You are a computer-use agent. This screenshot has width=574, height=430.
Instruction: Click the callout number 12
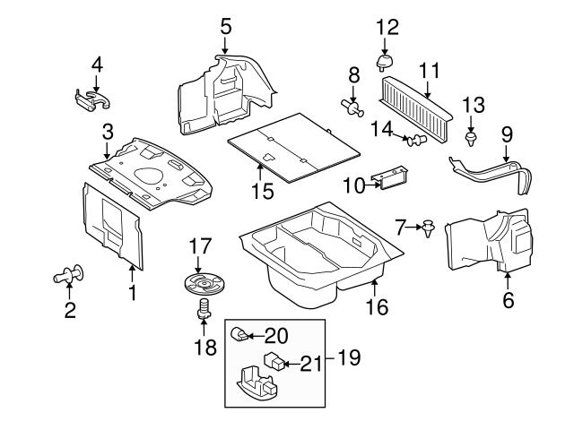[387, 26]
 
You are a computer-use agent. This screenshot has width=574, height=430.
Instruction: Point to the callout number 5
[225, 26]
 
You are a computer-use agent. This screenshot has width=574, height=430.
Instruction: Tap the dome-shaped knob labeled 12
[387, 60]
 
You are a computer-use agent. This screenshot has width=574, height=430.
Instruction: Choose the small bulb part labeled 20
[239, 336]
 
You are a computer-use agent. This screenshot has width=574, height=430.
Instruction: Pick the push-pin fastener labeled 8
[352, 108]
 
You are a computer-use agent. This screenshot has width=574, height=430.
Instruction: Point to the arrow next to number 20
[254, 337]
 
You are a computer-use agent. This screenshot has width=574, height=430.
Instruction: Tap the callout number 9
[508, 133]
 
